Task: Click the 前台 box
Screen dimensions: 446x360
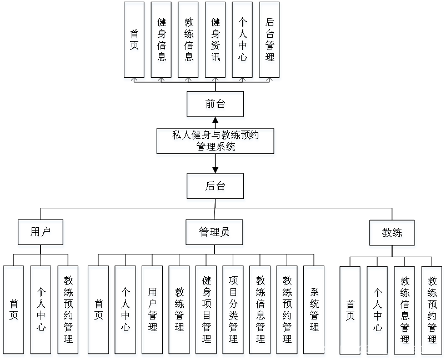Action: click(216, 106)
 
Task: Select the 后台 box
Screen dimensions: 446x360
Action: click(216, 187)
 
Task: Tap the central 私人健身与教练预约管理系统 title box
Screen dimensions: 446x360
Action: click(216, 142)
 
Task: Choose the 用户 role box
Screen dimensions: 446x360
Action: click(41, 234)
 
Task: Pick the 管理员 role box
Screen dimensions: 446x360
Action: click(214, 234)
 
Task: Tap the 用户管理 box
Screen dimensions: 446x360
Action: click(153, 311)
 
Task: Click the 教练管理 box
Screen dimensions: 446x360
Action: click(180, 311)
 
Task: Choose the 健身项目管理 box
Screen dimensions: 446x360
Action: click(207, 311)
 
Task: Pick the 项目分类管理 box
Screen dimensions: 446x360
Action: click(234, 311)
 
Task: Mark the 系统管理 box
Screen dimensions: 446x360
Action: click(314, 311)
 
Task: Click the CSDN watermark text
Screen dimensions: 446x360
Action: click(378, 349)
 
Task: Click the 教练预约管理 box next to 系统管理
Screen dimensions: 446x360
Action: click(288, 311)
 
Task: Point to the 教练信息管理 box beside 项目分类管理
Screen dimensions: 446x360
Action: click(260, 311)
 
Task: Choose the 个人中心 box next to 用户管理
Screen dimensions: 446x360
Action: click(126, 311)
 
